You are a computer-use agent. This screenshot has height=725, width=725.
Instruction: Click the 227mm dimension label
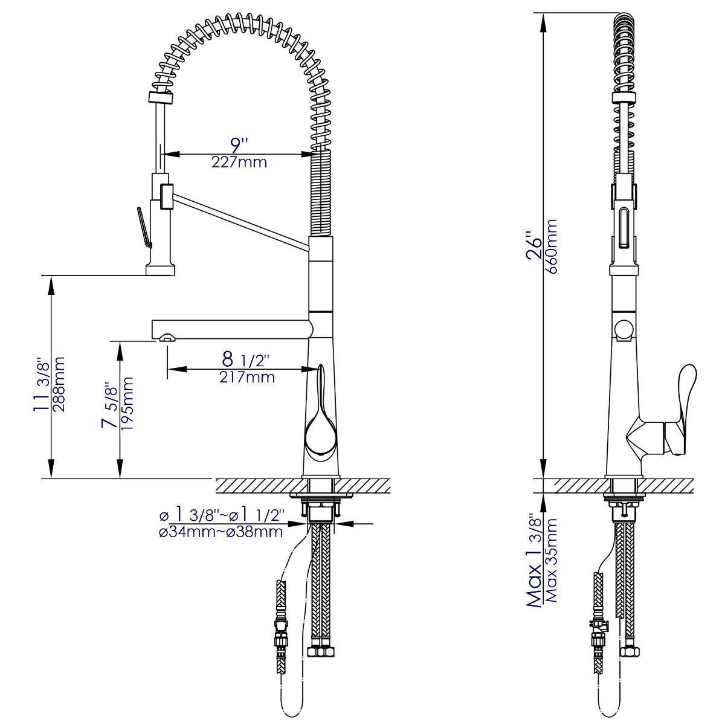click(x=239, y=163)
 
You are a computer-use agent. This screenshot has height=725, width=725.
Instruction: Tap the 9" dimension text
click(x=239, y=145)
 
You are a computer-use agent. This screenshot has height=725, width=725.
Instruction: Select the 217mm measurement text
click(x=247, y=378)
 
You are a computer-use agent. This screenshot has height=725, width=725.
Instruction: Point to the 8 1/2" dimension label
click(x=245, y=360)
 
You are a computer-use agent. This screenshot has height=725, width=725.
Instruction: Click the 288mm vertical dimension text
click(x=59, y=384)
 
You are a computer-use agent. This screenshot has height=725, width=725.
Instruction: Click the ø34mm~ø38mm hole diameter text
click(x=221, y=532)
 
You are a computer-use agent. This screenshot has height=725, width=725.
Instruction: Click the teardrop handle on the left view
click(x=319, y=428)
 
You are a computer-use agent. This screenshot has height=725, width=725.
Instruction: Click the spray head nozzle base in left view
click(x=160, y=269)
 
